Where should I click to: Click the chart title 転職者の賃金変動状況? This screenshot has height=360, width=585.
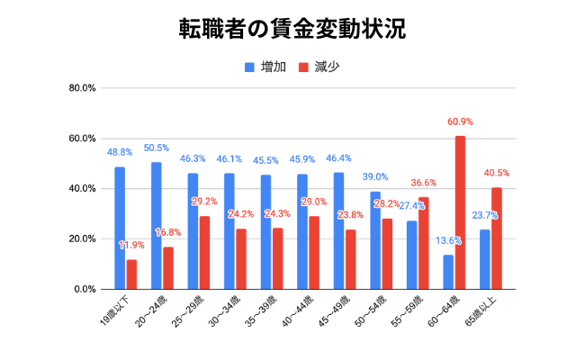point(292,29)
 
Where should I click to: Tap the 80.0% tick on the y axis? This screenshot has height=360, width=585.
point(82,88)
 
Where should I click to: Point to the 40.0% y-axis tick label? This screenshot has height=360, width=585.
point(82,189)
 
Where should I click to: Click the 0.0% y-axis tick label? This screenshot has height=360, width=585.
point(85,290)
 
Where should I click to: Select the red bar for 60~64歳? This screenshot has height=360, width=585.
point(460,212)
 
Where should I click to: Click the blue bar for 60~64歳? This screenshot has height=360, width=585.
point(448,272)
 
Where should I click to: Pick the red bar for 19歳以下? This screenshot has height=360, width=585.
point(131,274)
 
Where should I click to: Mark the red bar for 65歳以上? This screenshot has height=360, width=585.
point(497,238)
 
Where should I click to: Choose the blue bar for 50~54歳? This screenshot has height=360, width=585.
point(375,240)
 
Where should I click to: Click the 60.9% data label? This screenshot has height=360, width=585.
point(460,121)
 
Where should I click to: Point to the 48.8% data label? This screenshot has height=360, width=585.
point(120,152)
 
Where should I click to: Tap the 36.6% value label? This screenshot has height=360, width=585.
point(423,183)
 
